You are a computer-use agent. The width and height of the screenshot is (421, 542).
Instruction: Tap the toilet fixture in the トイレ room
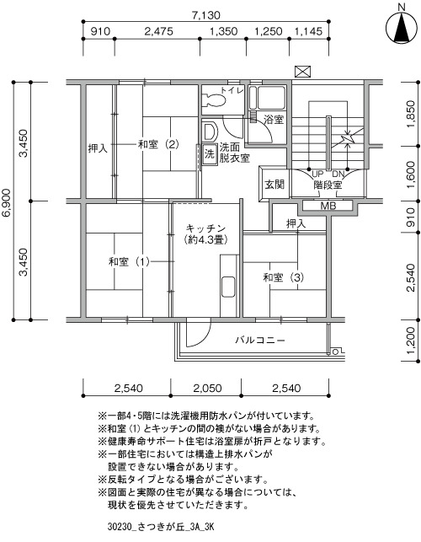coord(213,100)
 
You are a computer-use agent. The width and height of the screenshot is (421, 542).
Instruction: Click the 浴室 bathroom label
coord(274,120)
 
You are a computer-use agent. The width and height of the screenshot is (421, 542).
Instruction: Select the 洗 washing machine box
coord(210,153)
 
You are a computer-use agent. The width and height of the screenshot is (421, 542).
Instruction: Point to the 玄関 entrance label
coord(274,185)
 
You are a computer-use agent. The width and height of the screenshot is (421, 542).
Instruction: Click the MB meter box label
coord(328,206)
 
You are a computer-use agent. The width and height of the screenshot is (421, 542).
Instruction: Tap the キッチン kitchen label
coord(205,228)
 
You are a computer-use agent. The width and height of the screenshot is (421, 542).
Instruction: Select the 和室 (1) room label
coord(129,261)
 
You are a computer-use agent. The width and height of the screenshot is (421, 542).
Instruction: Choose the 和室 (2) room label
coord(158,144)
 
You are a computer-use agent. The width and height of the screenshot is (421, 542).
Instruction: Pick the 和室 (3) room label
coord(284,277)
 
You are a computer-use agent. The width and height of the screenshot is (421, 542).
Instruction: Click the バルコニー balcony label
coord(260,341)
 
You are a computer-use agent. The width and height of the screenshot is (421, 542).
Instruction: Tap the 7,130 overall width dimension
coord(205,15)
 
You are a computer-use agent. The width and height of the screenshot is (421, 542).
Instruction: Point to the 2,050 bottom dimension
coord(207,389)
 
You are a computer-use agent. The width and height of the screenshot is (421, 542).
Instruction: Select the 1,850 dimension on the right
coord(410,114)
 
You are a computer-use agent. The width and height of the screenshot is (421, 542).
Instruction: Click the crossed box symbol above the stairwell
coord(303,72)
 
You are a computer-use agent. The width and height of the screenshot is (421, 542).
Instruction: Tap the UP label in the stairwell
coord(317,174)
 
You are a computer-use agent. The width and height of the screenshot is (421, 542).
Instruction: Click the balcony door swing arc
coord(203,336)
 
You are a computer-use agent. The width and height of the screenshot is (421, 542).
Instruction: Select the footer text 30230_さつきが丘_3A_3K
coord(161,527)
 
